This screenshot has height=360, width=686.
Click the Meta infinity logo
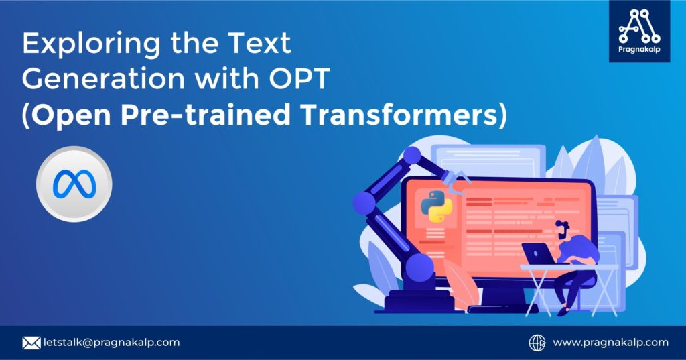[x=74, y=184]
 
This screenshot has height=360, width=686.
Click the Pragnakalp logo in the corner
[x=639, y=31]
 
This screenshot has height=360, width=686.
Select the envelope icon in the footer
[x=31, y=343]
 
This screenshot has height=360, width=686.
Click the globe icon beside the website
[x=537, y=343]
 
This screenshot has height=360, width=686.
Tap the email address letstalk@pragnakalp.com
[x=111, y=343]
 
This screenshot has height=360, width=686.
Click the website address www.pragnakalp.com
[x=610, y=343]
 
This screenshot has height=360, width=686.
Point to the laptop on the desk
[x=539, y=254]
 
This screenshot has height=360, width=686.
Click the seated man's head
[x=564, y=231]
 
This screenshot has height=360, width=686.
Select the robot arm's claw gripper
[x=458, y=179]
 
